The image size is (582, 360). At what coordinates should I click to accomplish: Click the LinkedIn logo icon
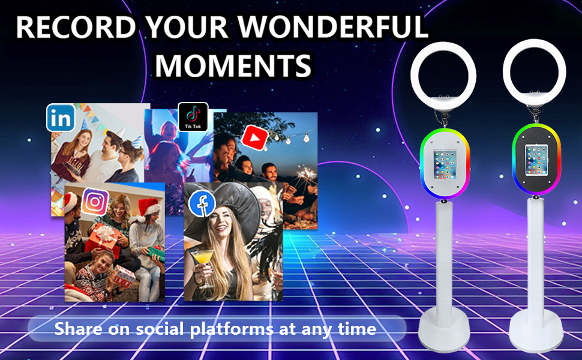pos(61,118)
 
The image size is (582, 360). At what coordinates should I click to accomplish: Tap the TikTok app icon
pos(193,117)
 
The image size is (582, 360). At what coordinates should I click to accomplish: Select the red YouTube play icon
pos(254,137)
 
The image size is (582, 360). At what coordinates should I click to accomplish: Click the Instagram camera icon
pos(95,202)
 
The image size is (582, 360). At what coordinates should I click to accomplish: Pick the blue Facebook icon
pos(202,203)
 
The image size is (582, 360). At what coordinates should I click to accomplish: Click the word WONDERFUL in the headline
pos(334,27)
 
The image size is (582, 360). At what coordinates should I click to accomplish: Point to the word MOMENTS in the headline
pos(233,65)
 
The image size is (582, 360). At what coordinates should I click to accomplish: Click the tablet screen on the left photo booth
pos(445,164)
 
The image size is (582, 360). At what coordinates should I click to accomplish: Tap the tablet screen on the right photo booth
pos(536,160)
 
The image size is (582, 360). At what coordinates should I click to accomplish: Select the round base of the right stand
pos(536,331)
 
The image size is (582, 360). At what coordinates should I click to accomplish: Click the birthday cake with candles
pos(73,166)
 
